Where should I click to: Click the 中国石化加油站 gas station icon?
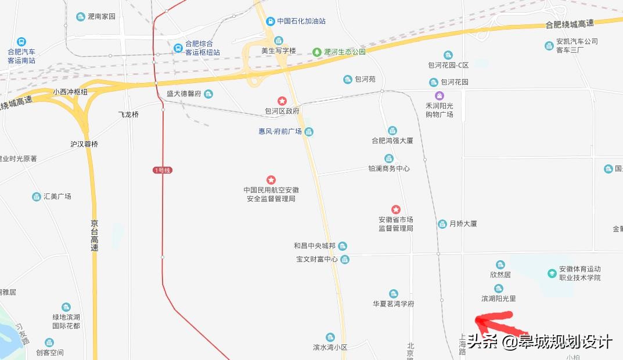pos(270,21)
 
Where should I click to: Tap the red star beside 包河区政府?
pos(282,101)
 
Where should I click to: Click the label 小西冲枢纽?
pos(70,92)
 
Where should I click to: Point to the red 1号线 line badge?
pos(163,170)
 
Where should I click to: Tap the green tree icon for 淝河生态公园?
pos(317,52)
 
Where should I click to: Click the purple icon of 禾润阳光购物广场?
pos(440,96)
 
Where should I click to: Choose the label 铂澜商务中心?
pos(389,168)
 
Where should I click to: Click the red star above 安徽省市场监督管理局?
pos(395,209)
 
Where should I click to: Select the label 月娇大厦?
pos(463,224)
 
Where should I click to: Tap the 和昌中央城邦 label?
pos(315,246)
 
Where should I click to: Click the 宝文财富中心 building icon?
pos(345,259)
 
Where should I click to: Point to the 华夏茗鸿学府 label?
pos(394,304)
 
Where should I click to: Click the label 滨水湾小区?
pos(330,347)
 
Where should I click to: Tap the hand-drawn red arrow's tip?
pos(477,319)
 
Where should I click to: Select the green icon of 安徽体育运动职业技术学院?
pos(552,273)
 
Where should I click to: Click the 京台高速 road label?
pos(95,235)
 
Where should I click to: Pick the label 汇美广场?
pos(57,196)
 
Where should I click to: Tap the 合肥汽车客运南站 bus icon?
pos(21,42)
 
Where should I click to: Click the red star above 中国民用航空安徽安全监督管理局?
pos(271,180)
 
